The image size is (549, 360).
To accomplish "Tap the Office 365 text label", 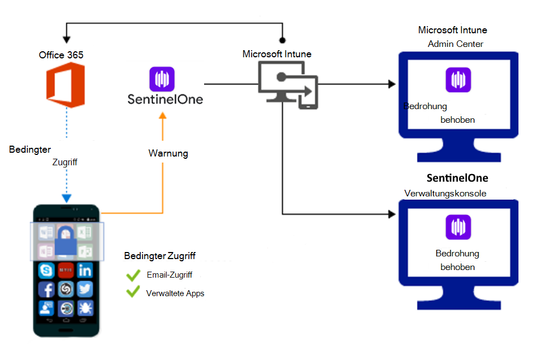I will coord(61,55).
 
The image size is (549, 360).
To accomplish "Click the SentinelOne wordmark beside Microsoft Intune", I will coord(165,99).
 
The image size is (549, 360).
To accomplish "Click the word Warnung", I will coord(168,153).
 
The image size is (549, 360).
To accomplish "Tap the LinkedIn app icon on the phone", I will coord(85,269).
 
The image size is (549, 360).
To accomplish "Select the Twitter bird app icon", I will coord(85,289).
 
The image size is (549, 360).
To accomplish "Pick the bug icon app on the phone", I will coord(85,309).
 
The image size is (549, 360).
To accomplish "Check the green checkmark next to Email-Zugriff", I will coord(133,275).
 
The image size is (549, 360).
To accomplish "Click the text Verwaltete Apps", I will coord(175,293).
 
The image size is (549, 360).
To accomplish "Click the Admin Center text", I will coord(455,44).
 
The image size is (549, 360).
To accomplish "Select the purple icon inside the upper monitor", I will coord(458,80).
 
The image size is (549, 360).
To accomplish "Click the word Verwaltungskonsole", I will coord(445,193).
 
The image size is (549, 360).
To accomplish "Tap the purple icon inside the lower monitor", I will coord(458,227).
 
